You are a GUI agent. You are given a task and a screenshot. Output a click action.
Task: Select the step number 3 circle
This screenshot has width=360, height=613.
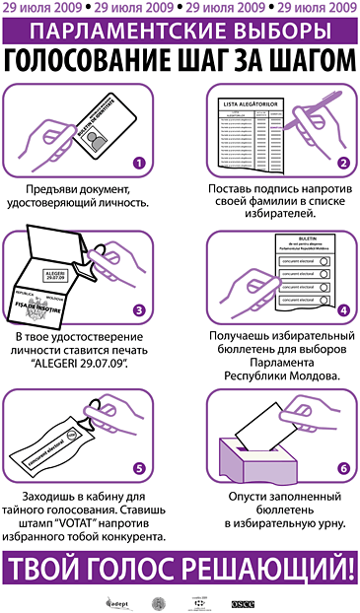point(140,309)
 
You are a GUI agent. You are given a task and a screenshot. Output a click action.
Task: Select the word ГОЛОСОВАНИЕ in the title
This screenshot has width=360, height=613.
point(90,58)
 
